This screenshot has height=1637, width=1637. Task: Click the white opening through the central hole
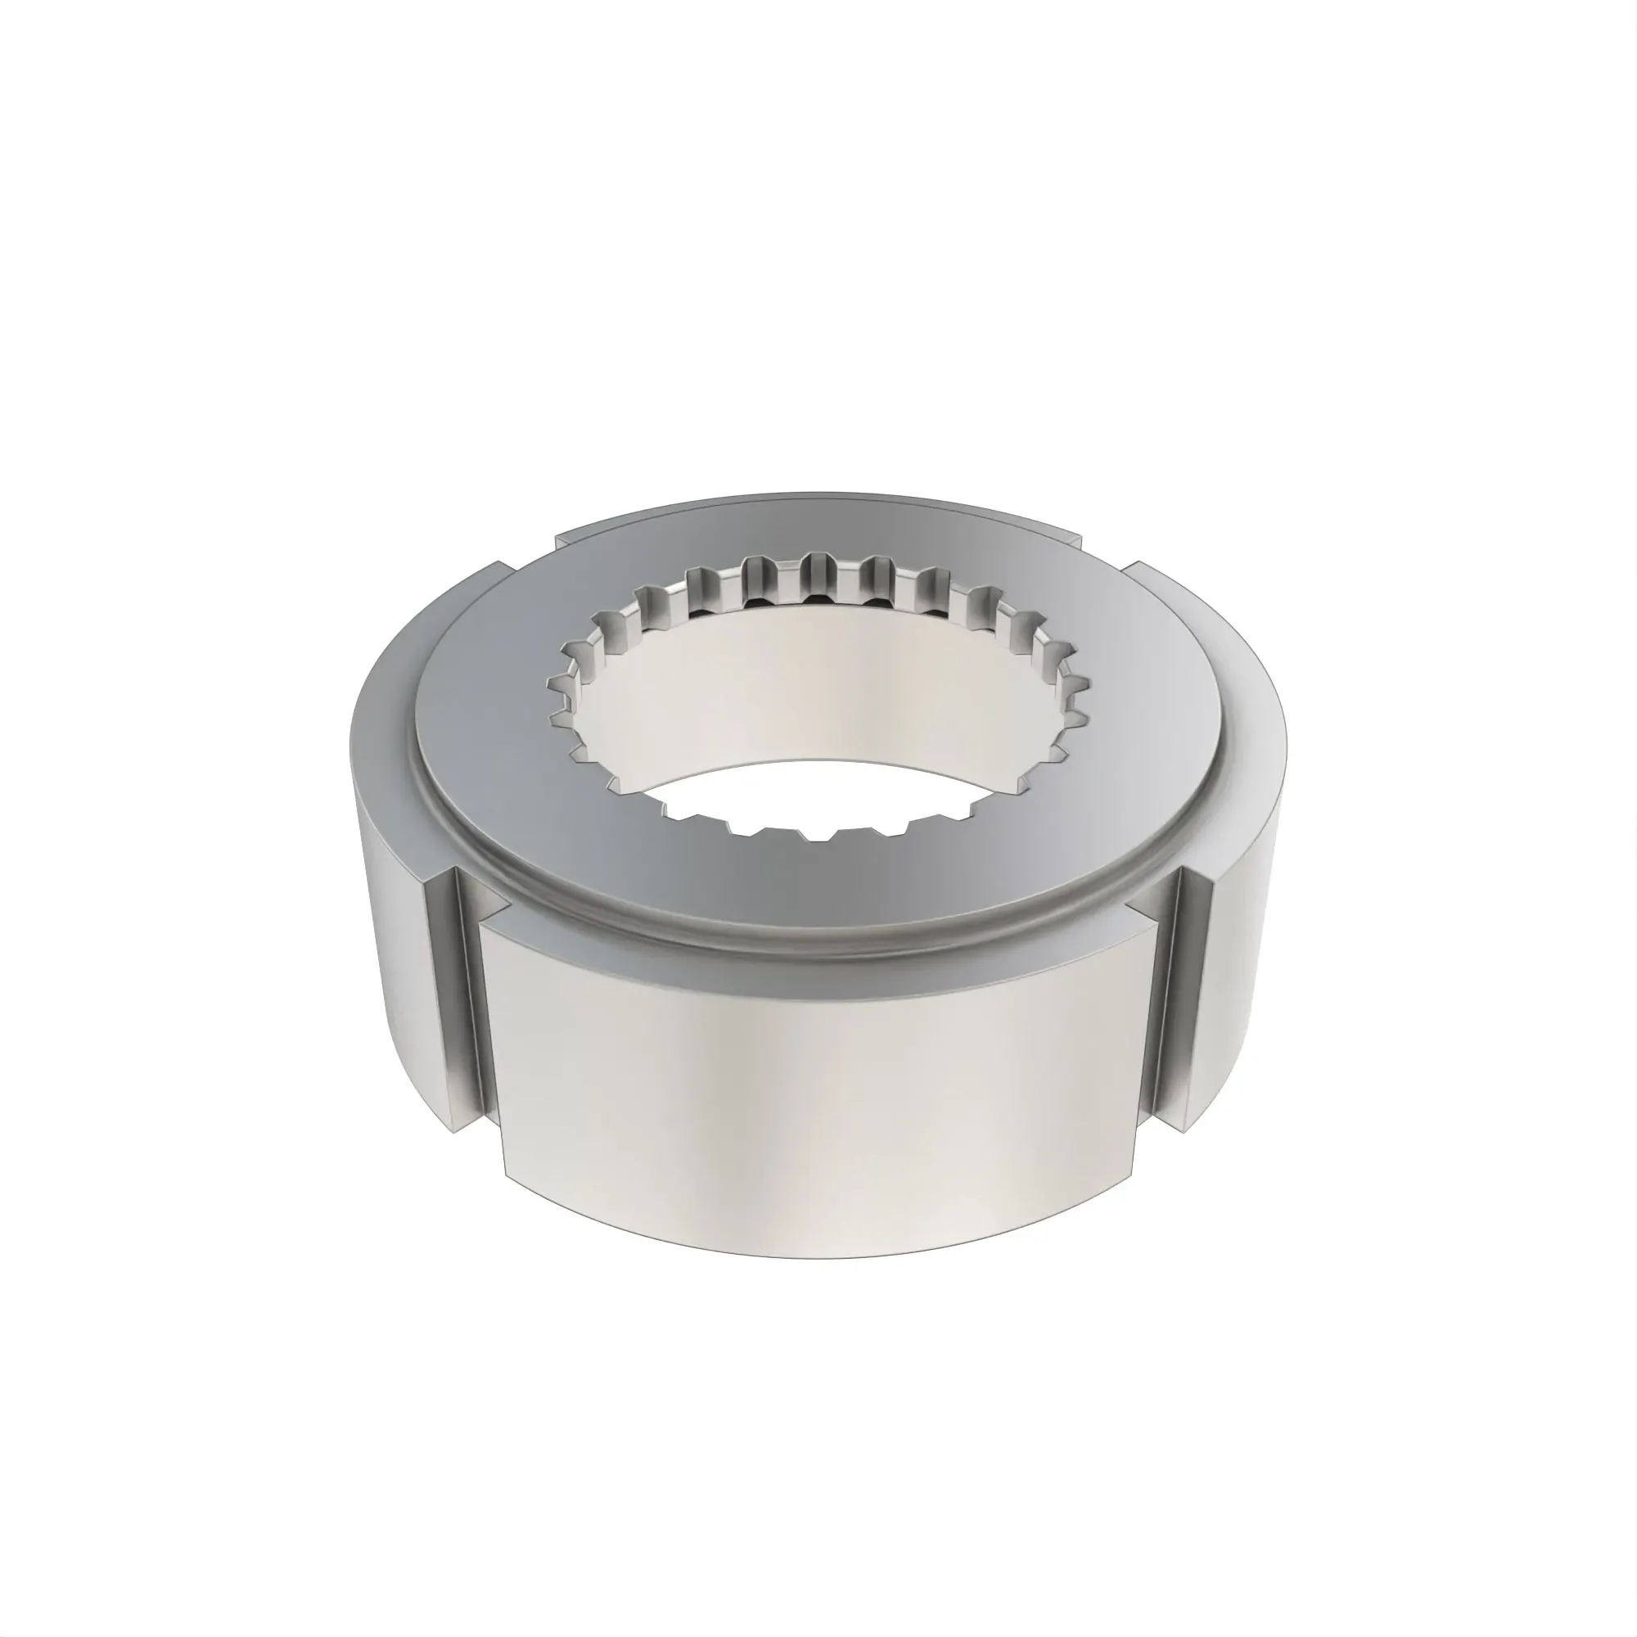pyautogui.click(x=814, y=796)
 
